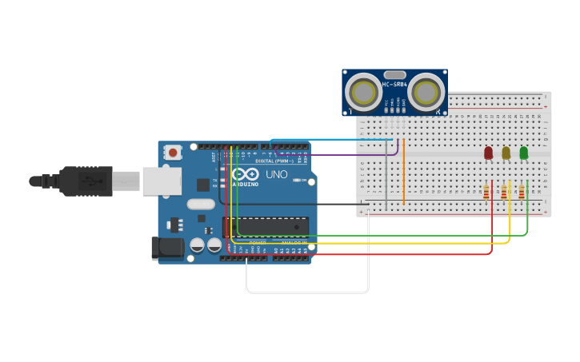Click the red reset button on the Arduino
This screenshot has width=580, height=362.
point(173,151)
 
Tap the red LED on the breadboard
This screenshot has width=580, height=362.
point(488,153)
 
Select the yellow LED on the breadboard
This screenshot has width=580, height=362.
point(506,153)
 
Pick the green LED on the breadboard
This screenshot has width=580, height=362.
point(523,153)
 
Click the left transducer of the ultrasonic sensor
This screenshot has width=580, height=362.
point(365,93)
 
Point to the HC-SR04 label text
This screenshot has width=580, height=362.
point(394,85)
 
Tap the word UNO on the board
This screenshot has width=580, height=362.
point(276,174)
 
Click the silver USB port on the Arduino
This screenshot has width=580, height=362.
point(162,181)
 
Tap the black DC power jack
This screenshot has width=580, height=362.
point(168,248)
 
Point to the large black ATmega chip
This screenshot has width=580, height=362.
point(266,226)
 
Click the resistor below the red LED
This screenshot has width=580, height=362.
point(486,192)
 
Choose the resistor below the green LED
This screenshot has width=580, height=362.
point(522,192)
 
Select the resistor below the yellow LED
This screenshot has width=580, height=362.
point(504,192)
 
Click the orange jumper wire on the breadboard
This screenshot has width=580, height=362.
point(404,172)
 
